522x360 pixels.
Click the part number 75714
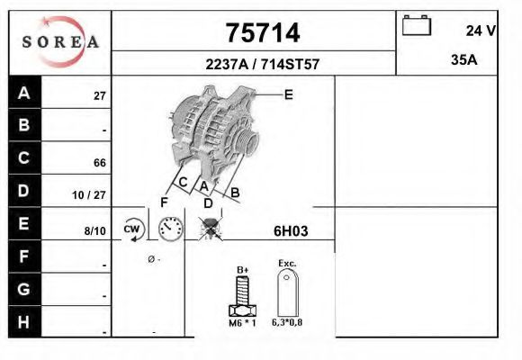point(261,33)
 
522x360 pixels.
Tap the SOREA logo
point(59,41)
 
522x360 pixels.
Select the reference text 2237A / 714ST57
point(261,65)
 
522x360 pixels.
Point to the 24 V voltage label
point(481,31)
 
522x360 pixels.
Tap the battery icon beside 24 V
point(417,26)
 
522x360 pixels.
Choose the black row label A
point(24,93)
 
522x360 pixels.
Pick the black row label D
point(24,191)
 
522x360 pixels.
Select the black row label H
point(24,321)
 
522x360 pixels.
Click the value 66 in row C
point(100,163)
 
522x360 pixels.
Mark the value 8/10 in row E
point(94,230)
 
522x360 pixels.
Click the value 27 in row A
point(100,96)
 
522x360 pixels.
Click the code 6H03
point(291,230)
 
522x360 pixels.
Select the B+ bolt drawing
point(242,294)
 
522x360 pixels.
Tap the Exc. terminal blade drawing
point(288,293)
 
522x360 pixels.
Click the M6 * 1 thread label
point(242,322)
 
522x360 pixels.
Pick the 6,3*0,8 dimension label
point(288,322)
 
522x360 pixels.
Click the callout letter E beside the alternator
point(288,94)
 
